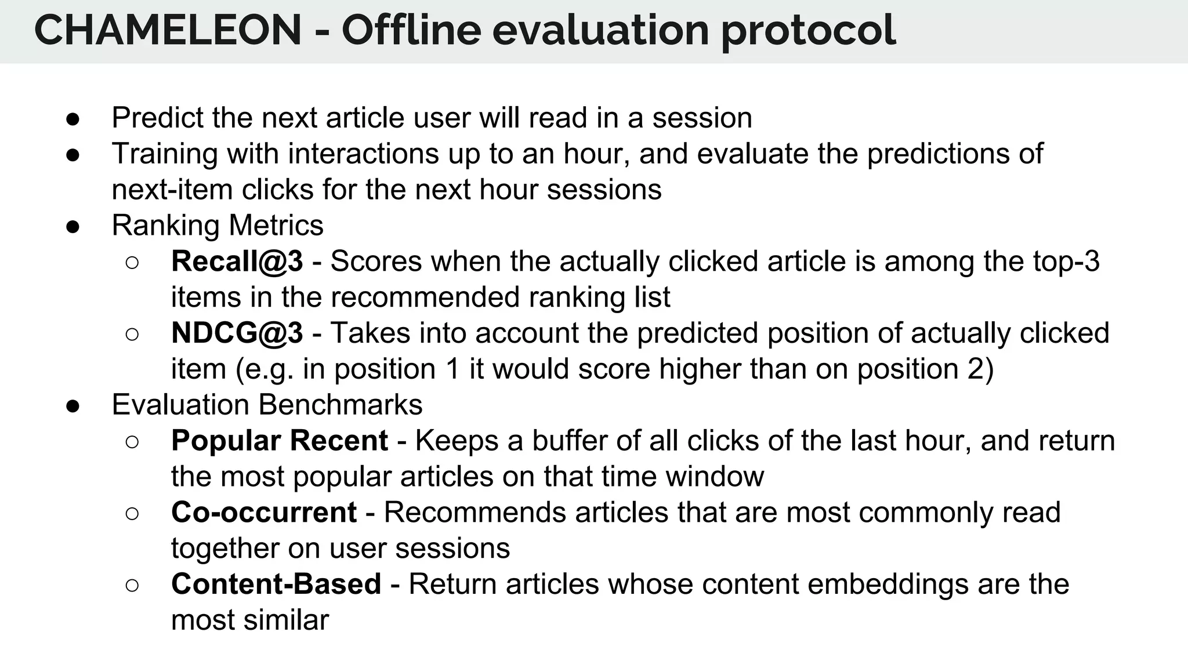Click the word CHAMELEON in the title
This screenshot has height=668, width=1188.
click(x=168, y=30)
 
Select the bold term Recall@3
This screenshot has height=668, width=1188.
click(x=237, y=262)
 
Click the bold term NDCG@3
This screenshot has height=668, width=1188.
click(x=237, y=333)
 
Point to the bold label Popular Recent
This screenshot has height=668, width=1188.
click(x=279, y=441)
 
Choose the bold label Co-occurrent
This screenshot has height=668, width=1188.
click(x=263, y=513)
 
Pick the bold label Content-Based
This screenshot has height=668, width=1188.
click(x=276, y=584)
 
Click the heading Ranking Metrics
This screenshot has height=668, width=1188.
click(x=218, y=226)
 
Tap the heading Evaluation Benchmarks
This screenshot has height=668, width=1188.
click(x=267, y=405)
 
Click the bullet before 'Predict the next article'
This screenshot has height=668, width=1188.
click(x=73, y=119)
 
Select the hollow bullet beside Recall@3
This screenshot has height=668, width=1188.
click(x=132, y=263)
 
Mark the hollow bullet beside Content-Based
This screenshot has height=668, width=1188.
click(x=132, y=585)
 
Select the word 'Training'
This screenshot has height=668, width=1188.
click(x=164, y=154)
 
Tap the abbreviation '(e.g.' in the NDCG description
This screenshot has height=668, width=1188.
click(x=265, y=369)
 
